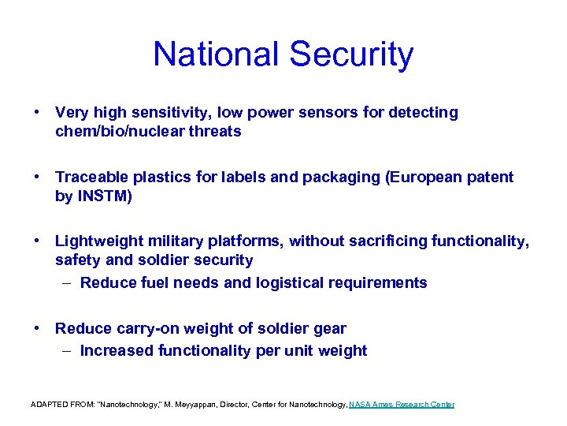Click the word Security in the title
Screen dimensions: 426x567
pos(351,54)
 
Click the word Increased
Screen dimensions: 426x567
pos(116,351)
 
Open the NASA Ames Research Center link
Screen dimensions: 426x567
pos(402,405)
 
